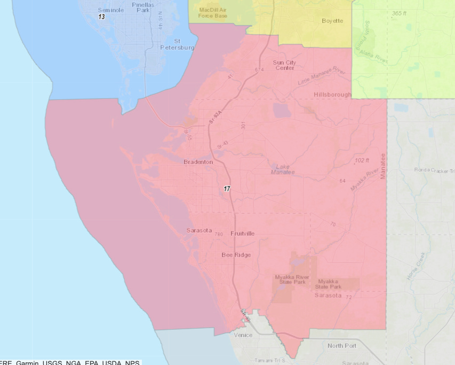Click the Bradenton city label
(198, 162)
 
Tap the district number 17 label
(227, 189)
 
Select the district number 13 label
(101, 17)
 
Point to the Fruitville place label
(243, 234)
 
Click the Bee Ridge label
(236, 255)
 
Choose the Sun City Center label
(284, 65)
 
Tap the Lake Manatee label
(282, 169)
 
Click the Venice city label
(243, 335)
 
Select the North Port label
(342, 346)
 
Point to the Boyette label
(332, 21)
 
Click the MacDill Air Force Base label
(213, 13)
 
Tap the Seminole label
(110, 10)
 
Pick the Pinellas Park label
(142, 7)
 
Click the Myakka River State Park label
(292, 279)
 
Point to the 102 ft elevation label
(362, 160)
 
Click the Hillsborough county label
(332, 95)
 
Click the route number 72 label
(348, 297)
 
